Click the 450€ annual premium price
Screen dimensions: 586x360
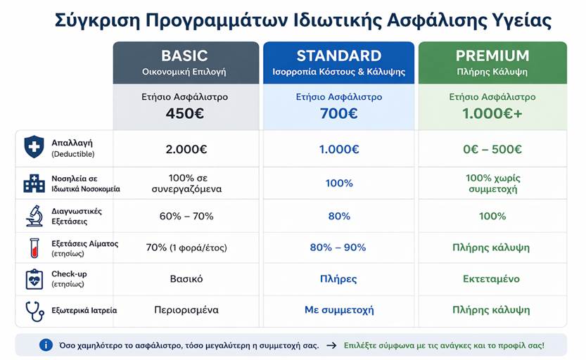point(185,113)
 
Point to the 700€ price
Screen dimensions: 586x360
point(338,113)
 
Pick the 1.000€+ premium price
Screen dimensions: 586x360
point(492,113)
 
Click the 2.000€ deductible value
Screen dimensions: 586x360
point(186,149)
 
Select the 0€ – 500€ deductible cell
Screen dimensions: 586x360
point(492,149)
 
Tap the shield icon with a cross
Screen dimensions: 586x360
point(34,147)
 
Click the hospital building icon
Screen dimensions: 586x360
point(34,184)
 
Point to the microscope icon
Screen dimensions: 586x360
point(34,216)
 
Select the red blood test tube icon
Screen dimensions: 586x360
point(34,248)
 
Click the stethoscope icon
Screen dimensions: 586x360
point(34,311)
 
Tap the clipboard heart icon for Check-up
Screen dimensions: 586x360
point(34,279)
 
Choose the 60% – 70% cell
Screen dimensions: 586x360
point(186,217)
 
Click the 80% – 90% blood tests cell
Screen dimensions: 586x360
point(338,247)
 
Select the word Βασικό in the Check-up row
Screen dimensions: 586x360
point(186,278)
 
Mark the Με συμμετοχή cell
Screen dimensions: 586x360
point(339,310)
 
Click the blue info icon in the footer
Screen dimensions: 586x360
point(46,345)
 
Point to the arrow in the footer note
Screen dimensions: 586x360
point(331,345)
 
